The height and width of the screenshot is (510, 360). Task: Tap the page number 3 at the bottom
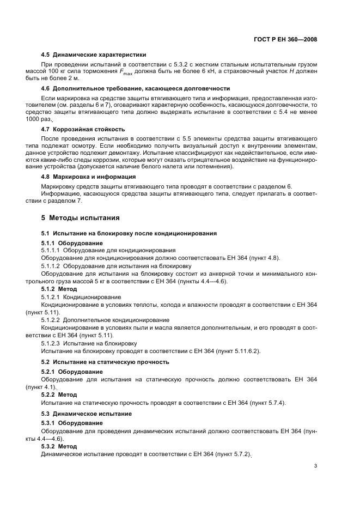click(316, 466)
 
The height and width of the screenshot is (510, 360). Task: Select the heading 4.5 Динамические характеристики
click(94, 54)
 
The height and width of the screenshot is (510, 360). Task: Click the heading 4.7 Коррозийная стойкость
click(83, 129)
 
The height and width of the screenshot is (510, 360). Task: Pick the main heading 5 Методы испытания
click(80, 218)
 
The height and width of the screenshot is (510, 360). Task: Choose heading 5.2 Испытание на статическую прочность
click(105, 362)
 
